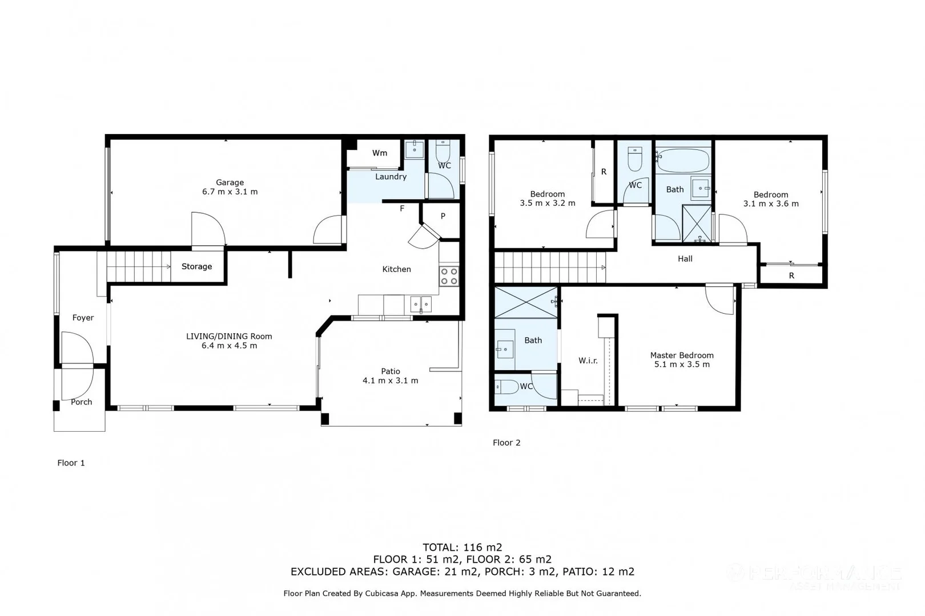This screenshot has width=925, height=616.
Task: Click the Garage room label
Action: (x=230, y=183)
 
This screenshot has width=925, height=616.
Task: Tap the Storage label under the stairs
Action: (x=196, y=266)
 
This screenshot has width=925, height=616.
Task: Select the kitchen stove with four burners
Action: (x=449, y=276)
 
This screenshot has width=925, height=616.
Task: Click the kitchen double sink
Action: (x=421, y=305)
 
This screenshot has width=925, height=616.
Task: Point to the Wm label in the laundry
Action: (x=380, y=153)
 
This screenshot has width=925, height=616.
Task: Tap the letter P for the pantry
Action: (x=443, y=216)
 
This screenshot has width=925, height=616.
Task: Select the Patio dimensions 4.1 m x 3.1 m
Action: (x=390, y=380)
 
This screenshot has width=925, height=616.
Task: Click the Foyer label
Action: (x=83, y=318)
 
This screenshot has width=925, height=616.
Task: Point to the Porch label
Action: (x=81, y=402)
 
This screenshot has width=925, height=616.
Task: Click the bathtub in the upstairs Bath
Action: (x=683, y=160)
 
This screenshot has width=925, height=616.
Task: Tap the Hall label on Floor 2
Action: (x=685, y=259)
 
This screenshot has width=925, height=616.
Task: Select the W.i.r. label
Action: (x=588, y=360)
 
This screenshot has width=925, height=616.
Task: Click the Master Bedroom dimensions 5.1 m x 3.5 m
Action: (x=682, y=364)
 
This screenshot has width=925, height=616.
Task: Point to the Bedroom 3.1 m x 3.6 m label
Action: (x=770, y=199)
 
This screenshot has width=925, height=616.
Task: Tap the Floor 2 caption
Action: (x=506, y=443)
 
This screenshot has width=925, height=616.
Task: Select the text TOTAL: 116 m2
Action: (x=462, y=548)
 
